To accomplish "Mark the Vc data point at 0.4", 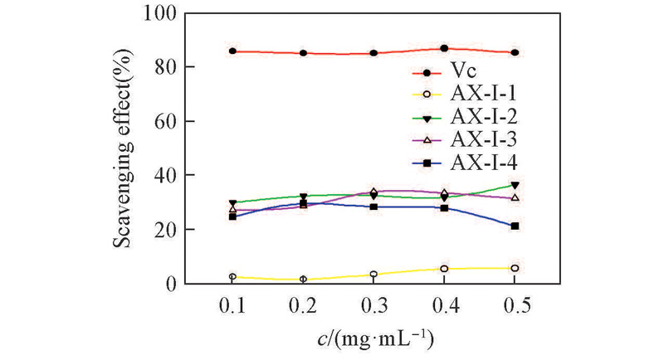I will coord(445,49).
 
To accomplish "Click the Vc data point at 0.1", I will coord(233,51).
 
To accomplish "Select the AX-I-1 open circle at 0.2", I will coord(304,280).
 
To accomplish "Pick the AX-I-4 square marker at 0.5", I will coord(515,226).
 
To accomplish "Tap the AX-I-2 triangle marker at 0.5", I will coord(515,185).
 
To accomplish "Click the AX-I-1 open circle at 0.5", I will coord(515,268).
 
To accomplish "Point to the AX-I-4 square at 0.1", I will coord(233,216).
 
